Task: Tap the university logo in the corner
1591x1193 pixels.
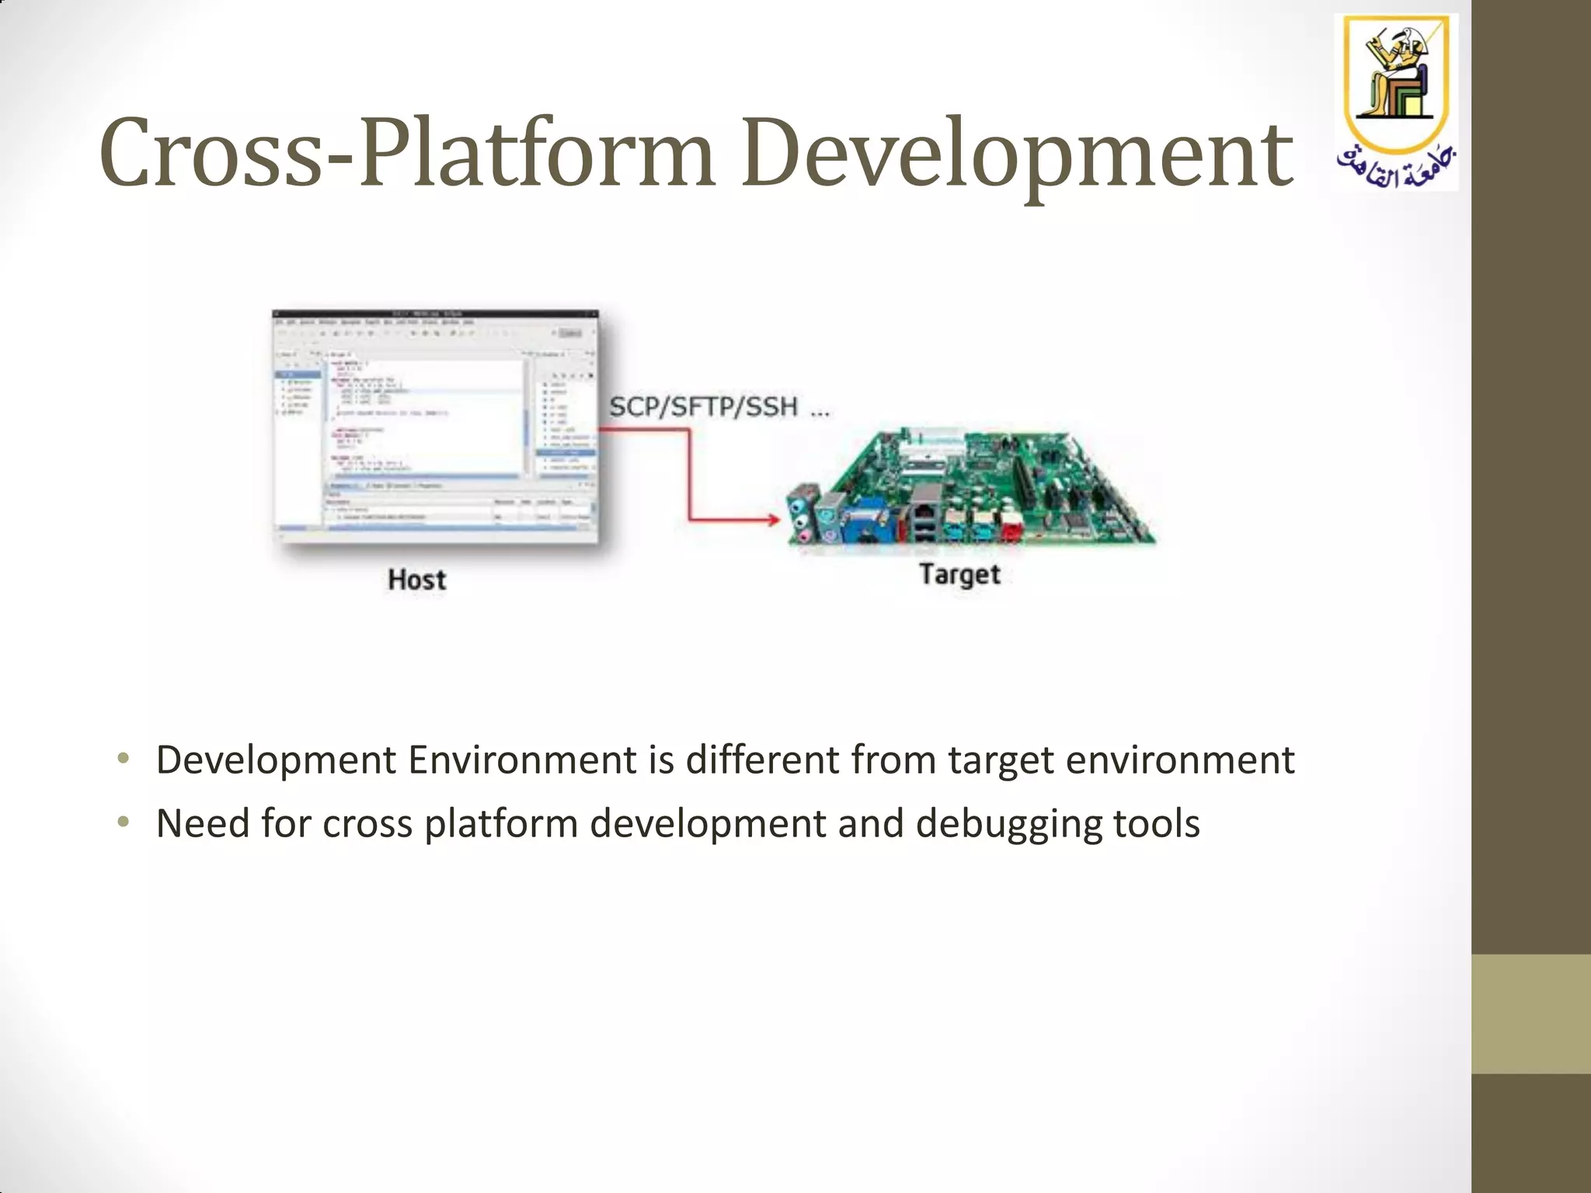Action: click(x=1396, y=101)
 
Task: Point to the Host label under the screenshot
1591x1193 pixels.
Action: click(x=417, y=579)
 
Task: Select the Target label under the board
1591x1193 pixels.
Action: click(x=959, y=575)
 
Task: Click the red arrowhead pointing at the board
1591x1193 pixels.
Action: click(x=772, y=520)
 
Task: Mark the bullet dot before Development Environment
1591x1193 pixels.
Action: click(x=123, y=759)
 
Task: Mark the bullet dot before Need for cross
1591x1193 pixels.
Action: click(x=123, y=823)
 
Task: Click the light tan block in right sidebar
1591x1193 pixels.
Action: click(x=1530, y=1014)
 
